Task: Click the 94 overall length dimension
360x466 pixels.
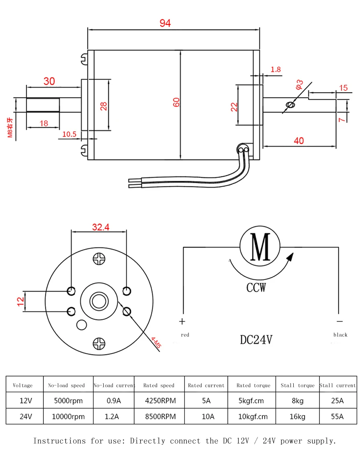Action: click(x=165, y=23)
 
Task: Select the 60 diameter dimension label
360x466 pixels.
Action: click(x=176, y=102)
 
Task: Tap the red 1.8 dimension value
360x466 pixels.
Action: click(x=276, y=69)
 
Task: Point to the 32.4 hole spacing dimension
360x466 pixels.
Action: click(x=101, y=227)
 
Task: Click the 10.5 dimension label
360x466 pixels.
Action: click(x=69, y=134)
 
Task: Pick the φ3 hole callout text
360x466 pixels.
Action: click(x=299, y=84)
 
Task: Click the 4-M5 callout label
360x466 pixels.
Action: click(x=156, y=342)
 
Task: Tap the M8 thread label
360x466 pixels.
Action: click(x=10, y=128)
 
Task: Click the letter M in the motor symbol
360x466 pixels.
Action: click(x=260, y=246)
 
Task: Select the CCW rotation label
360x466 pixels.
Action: click(x=256, y=287)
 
